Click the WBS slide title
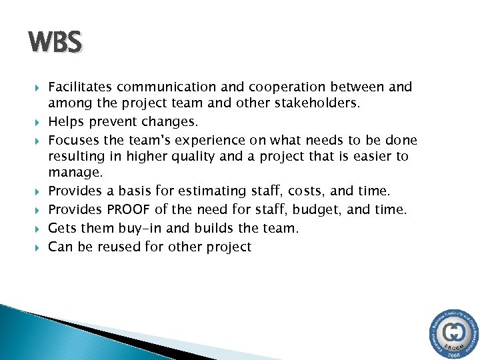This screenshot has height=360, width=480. [55, 43]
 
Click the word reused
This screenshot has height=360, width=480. [113, 246]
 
